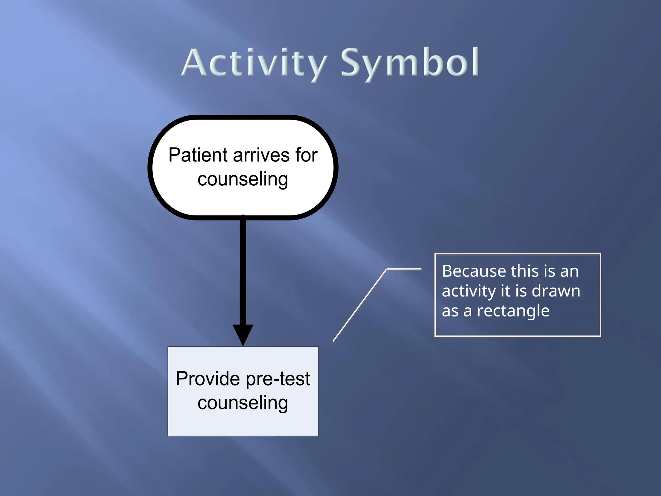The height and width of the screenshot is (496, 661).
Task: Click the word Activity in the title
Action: tap(255, 63)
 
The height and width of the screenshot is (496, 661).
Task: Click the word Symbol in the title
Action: tap(410, 63)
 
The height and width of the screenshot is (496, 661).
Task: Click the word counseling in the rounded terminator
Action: tap(243, 180)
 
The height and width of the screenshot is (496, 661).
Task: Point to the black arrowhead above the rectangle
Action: tap(243, 334)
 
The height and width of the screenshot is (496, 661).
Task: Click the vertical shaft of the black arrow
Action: tap(243, 271)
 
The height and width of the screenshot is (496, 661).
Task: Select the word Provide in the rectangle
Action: tap(208, 379)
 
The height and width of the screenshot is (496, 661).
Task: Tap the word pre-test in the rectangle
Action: tap(278, 379)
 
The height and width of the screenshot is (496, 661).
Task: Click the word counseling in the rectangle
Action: tap(243, 403)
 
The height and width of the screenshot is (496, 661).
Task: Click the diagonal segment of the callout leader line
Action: tap(360, 305)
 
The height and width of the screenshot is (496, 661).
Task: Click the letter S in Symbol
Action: tap(351, 63)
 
